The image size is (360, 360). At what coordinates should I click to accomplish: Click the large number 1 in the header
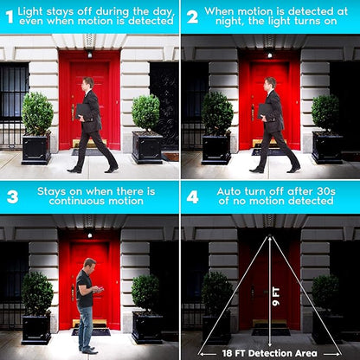click(x=10, y=17)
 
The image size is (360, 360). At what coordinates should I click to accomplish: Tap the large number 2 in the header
click(x=192, y=17)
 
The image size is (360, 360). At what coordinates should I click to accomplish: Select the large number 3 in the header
click(x=12, y=197)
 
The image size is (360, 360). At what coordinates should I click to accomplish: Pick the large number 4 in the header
click(x=192, y=197)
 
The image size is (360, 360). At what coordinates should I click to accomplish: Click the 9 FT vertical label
click(x=276, y=296)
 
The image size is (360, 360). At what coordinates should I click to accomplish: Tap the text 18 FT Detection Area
click(x=270, y=353)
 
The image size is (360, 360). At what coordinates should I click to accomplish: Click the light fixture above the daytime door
click(x=89, y=54)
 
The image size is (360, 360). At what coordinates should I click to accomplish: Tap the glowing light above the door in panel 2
click(x=270, y=55)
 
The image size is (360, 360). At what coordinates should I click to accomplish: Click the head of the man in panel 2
click(x=270, y=84)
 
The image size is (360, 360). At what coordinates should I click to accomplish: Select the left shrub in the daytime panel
click(x=37, y=113)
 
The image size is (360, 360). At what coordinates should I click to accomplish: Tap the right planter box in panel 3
click(x=147, y=327)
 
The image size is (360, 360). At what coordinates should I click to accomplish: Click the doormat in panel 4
click(x=271, y=331)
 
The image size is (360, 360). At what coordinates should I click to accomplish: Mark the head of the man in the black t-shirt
click(x=89, y=266)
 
